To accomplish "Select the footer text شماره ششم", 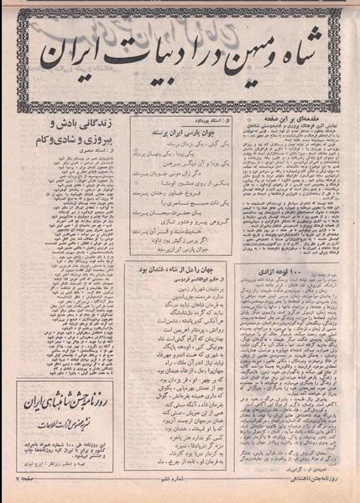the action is point(181,490).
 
